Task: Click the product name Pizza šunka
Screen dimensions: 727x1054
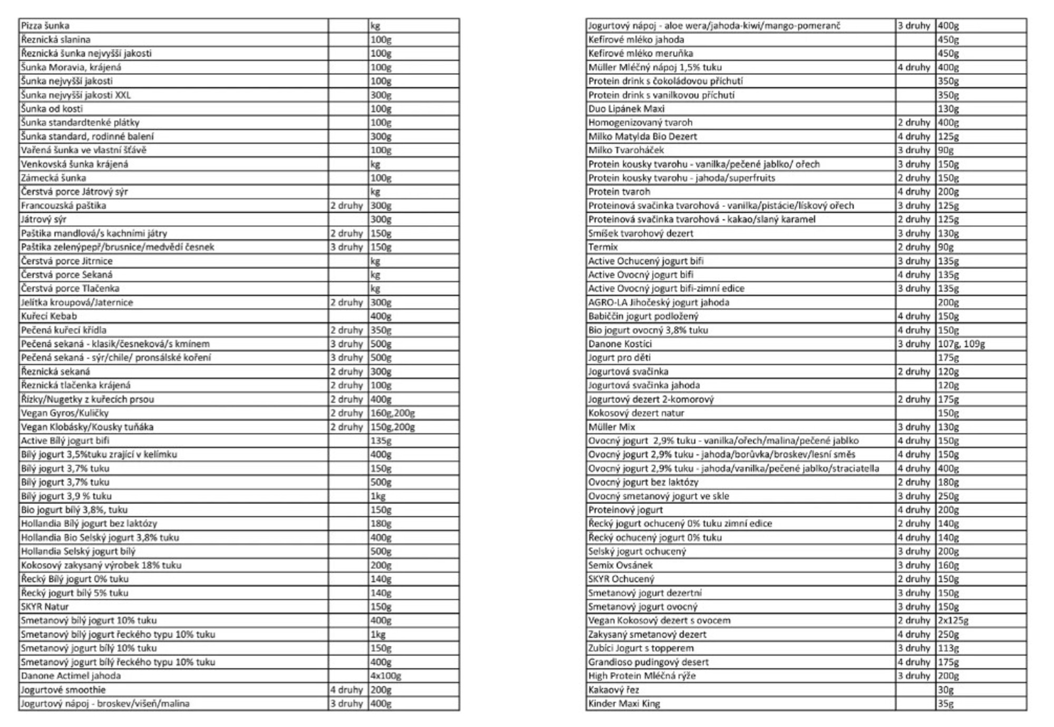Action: pyautogui.click(x=45, y=25)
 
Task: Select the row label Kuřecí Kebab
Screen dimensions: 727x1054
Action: pyautogui.click(x=49, y=316)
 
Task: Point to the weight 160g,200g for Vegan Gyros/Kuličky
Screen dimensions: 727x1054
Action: pyautogui.click(x=393, y=413)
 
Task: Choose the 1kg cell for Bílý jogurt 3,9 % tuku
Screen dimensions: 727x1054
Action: pyautogui.click(x=378, y=496)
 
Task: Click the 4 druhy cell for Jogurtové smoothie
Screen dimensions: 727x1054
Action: pyautogui.click(x=347, y=690)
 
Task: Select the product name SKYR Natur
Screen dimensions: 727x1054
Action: pyautogui.click(x=45, y=607)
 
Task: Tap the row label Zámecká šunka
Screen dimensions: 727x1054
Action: pyautogui.click(x=53, y=178)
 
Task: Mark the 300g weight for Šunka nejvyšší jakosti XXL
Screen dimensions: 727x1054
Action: pyautogui.click(x=380, y=95)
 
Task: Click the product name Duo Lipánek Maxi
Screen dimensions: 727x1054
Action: pyautogui.click(x=626, y=109)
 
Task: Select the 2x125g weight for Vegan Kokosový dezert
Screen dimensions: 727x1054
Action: pyautogui.click(x=953, y=621)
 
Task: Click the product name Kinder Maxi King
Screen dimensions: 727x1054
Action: pyautogui.click(x=624, y=703)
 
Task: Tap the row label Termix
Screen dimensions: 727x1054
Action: pyautogui.click(x=603, y=247)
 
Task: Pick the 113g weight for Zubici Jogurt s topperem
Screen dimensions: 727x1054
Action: pyautogui.click(x=948, y=648)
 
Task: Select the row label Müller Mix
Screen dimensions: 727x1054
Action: pyautogui.click(x=611, y=427)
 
